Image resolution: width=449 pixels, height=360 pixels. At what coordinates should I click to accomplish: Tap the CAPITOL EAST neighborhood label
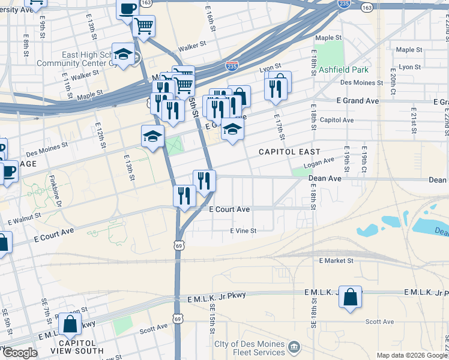point(289,152)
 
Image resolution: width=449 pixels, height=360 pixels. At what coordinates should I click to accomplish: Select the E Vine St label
point(243,230)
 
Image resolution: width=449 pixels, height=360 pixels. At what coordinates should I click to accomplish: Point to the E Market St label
point(337,260)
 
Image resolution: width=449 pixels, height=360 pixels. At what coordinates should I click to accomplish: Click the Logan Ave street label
point(319,163)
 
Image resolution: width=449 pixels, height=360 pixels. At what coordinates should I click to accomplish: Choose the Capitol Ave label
point(337,120)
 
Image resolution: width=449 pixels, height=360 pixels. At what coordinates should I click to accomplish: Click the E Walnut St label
point(25,218)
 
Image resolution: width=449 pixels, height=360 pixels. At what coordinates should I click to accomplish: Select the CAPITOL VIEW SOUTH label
point(77,347)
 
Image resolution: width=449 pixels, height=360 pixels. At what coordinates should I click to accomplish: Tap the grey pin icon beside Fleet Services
point(294,347)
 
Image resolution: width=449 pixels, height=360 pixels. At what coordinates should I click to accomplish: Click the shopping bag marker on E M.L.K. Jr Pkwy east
point(350,296)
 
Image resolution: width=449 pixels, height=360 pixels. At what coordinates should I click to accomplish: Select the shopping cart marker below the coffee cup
point(143,26)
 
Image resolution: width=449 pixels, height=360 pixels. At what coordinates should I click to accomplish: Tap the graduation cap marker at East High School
point(123,55)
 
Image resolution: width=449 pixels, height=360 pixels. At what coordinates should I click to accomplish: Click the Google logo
point(20,353)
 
